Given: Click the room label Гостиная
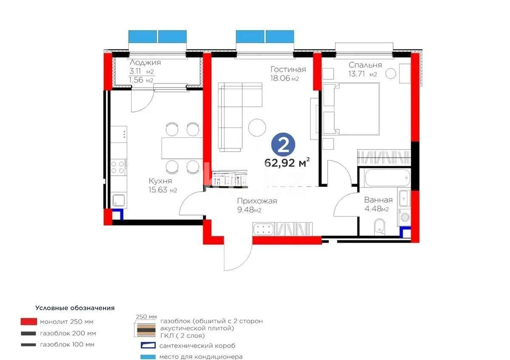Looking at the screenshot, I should pyautogui.click(x=288, y=69).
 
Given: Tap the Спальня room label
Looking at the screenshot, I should pyautogui.click(x=365, y=65).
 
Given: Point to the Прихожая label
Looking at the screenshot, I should pyautogui.click(x=257, y=201).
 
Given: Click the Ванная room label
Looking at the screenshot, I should pyautogui.click(x=378, y=200).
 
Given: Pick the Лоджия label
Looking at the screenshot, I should pyautogui.click(x=145, y=62).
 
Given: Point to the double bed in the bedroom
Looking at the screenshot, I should pyautogui.click(x=351, y=108).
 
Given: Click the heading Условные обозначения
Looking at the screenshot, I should pyautogui.click(x=75, y=308).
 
